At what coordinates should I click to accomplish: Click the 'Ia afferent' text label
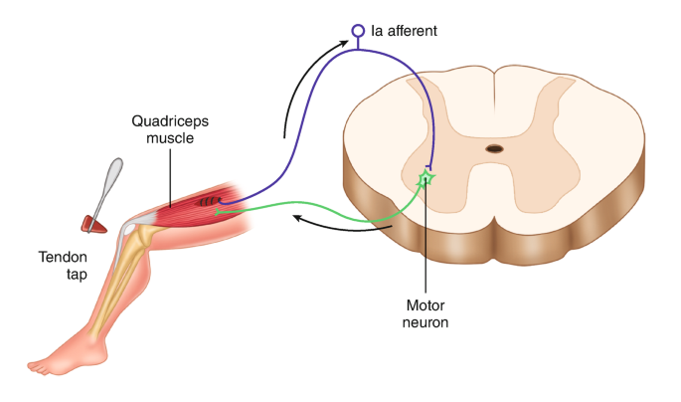(x=404, y=32)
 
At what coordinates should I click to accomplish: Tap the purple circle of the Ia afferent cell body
(x=358, y=32)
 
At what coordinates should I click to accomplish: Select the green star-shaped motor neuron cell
(x=426, y=179)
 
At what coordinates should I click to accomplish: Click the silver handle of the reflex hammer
(x=112, y=184)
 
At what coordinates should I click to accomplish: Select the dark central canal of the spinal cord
(x=494, y=149)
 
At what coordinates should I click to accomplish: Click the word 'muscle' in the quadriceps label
(x=169, y=138)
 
